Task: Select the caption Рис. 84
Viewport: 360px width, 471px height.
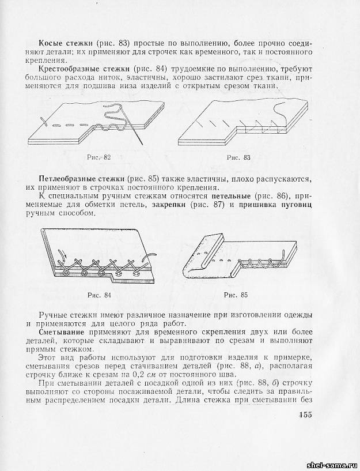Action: pyautogui.click(x=99, y=295)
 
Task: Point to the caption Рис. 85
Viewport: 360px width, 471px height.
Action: pyautogui.click(x=236, y=295)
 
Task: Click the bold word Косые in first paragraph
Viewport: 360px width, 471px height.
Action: pyautogui.click(x=51, y=44)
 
